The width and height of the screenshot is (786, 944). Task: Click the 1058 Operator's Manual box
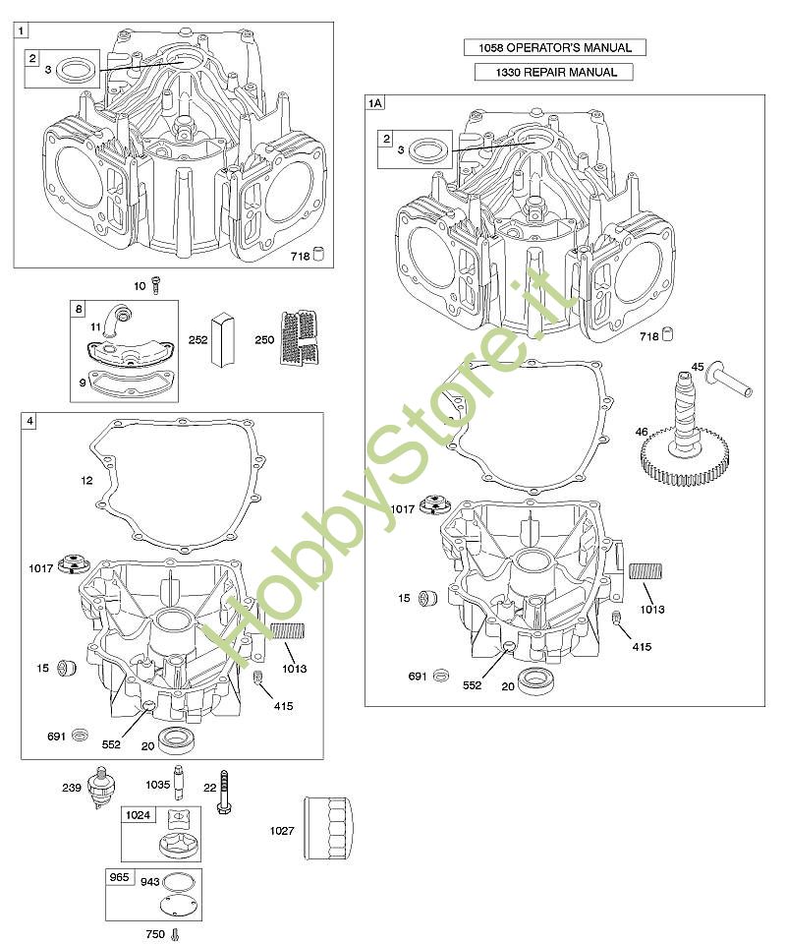[554, 47]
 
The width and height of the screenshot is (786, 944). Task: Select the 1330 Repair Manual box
[554, 72]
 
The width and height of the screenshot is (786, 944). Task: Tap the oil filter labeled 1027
[328, 829]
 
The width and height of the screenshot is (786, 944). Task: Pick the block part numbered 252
[221, 339]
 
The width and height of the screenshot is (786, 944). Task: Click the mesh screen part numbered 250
[299, 337]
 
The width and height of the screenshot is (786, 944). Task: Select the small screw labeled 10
[156, 285]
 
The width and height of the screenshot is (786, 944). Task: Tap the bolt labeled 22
[224, 792]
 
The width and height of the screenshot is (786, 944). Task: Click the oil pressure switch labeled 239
[101, 786]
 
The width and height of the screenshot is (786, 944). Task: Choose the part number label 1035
[157, 785]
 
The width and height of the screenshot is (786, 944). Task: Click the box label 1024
[138, 814]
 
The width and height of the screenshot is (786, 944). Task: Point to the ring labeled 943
[175, 882]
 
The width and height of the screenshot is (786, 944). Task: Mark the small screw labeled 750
[175, 934]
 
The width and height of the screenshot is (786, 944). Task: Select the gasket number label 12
[86, 480]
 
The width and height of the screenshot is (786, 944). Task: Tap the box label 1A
[374, 103]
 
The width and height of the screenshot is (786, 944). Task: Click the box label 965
[119, 876]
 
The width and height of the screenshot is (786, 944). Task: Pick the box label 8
[79, 309]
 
